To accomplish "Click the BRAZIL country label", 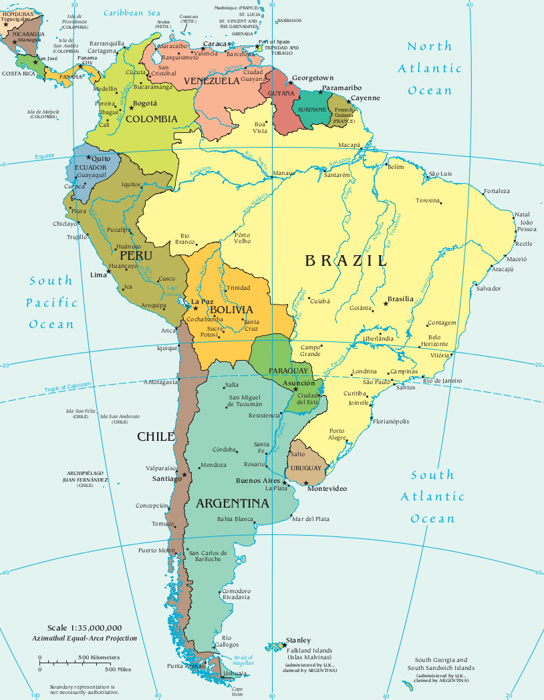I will click(346, 261).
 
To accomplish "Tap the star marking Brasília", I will click(386, 304).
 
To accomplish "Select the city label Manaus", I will click(283, 174).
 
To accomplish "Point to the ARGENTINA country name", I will click(232, 503).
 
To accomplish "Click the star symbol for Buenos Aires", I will click(285, 482).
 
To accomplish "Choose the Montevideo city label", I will click(327, 489).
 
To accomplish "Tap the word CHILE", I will click(156, 437).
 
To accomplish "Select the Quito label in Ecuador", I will click(101, 158).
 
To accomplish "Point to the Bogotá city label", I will click(145, 104).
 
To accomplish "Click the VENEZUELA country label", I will click(211, 81).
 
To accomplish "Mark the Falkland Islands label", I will click(310, 650).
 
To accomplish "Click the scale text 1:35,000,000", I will click(84, 628).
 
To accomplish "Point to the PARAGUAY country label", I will click(288, 371).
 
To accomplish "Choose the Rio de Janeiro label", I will click(442, 381).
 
